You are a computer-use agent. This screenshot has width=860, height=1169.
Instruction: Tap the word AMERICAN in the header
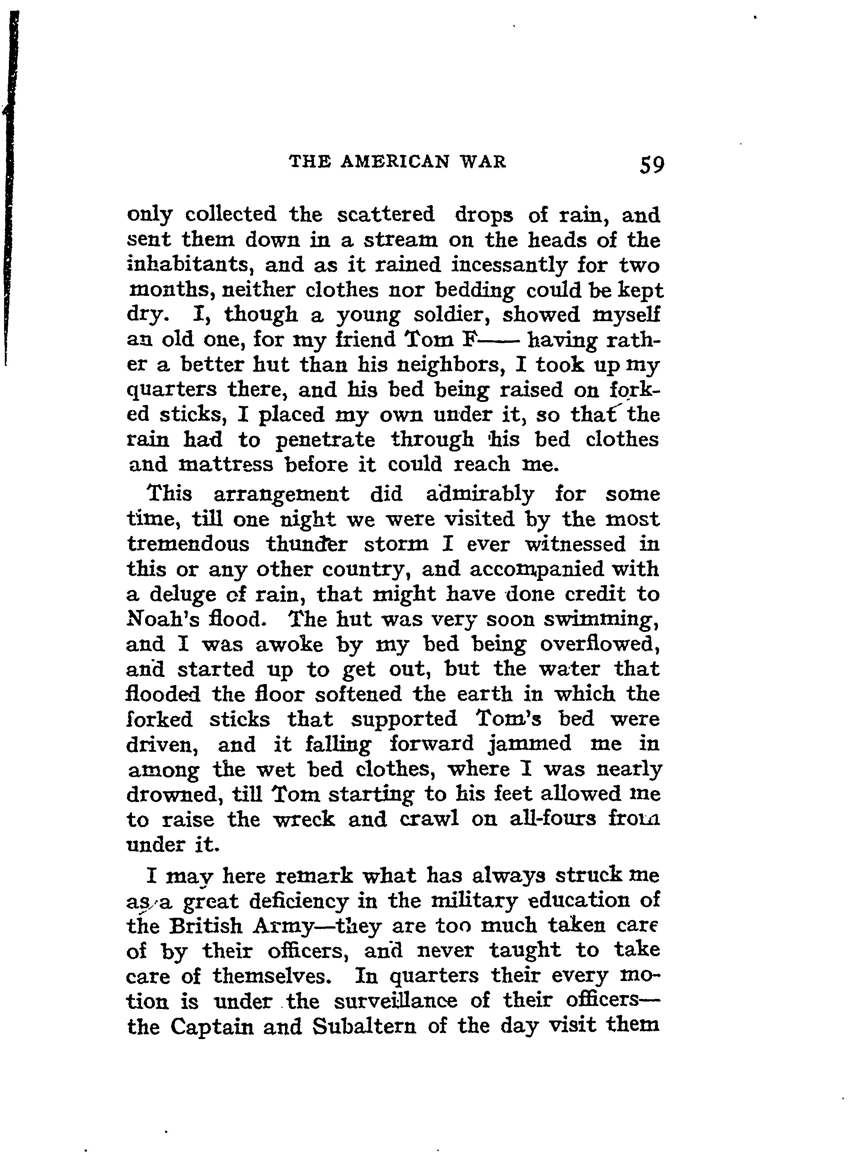pos(396,162)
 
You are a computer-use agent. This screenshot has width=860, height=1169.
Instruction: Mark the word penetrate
pos(325,440)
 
